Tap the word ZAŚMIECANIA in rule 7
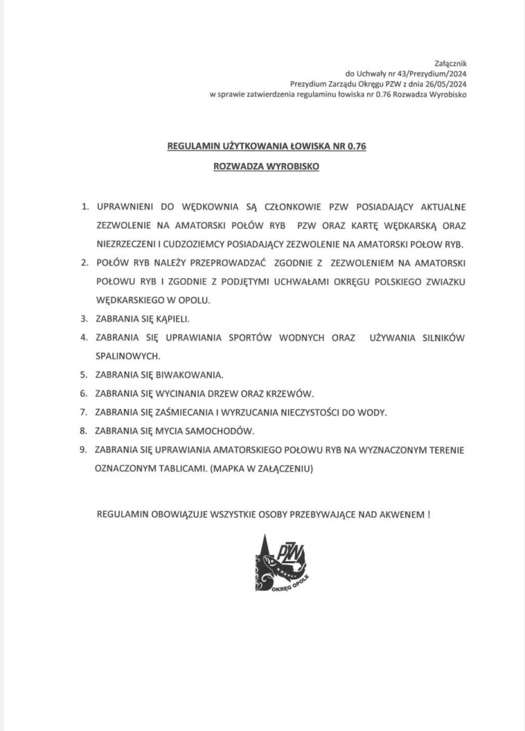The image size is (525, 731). (180, 412)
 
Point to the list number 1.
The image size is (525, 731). (84, 205)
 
